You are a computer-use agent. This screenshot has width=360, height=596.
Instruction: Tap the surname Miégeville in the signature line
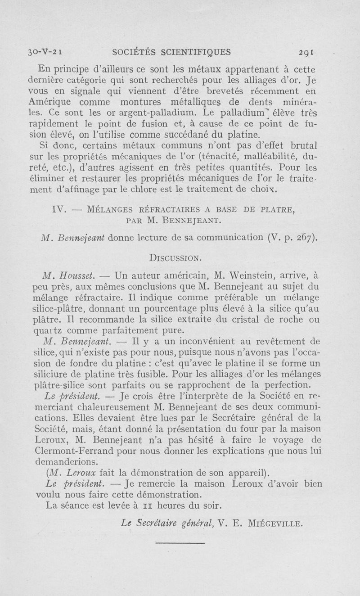278,523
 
